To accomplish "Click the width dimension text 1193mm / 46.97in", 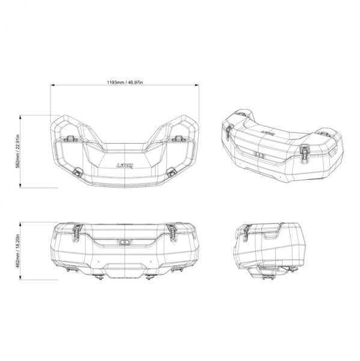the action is [124, 82].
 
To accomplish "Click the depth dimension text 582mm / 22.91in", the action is [17, 151].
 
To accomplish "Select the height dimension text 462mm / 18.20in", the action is [17, 251].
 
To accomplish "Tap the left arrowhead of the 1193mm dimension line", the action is [52, 85].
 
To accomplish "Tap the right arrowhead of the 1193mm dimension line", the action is [197, 85].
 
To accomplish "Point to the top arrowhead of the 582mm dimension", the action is [20, 117].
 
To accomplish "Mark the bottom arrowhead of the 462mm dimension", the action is [20, 278].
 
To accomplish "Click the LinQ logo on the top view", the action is [124, 165].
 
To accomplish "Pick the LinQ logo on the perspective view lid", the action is [267, 132].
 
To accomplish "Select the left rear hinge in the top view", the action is [70, 138].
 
